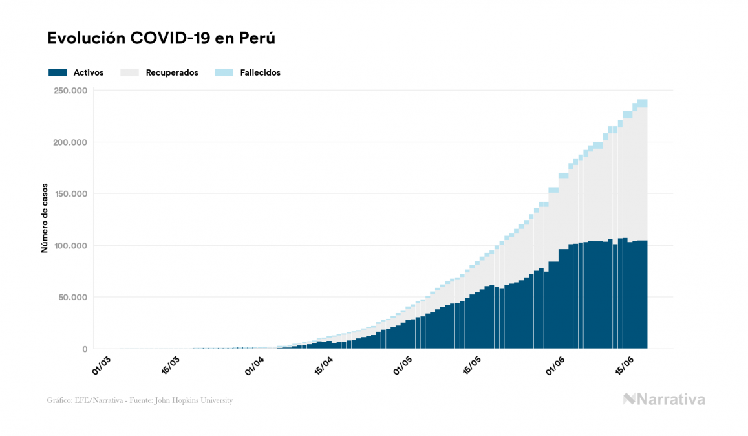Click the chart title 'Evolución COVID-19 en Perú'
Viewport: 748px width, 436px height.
click(161, 38)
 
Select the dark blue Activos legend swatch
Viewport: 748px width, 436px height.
click(58, 72)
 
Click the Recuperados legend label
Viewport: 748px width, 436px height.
click(172, 72)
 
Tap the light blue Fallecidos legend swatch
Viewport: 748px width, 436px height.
click(224, 72)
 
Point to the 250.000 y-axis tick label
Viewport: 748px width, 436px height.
click(70, 91)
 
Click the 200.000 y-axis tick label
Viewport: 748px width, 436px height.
click(70, 142)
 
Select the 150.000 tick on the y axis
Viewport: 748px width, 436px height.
click(70, 194)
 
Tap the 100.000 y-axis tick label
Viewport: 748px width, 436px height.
click(70, 246)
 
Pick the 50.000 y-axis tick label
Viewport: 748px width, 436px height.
click(72, 298)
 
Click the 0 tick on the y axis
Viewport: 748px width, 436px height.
click(85, 349)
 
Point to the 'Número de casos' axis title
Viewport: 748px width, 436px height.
click(45, 220)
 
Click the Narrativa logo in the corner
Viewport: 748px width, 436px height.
click(664, 399)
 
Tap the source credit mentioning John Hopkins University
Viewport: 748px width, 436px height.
click(140, 400)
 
